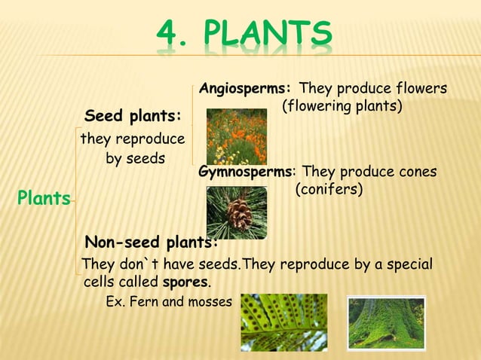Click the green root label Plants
(x=44, y=199)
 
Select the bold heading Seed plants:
(x=133, y=117)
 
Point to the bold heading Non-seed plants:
(x=152, y=242)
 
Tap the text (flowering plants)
(x=342, y=106)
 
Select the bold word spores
(x=185, y=282)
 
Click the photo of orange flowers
(x=236, y=136)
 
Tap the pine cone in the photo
(x=240, y=215)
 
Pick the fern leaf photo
(x=283, y=322)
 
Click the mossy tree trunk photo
(x=386, y=322)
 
